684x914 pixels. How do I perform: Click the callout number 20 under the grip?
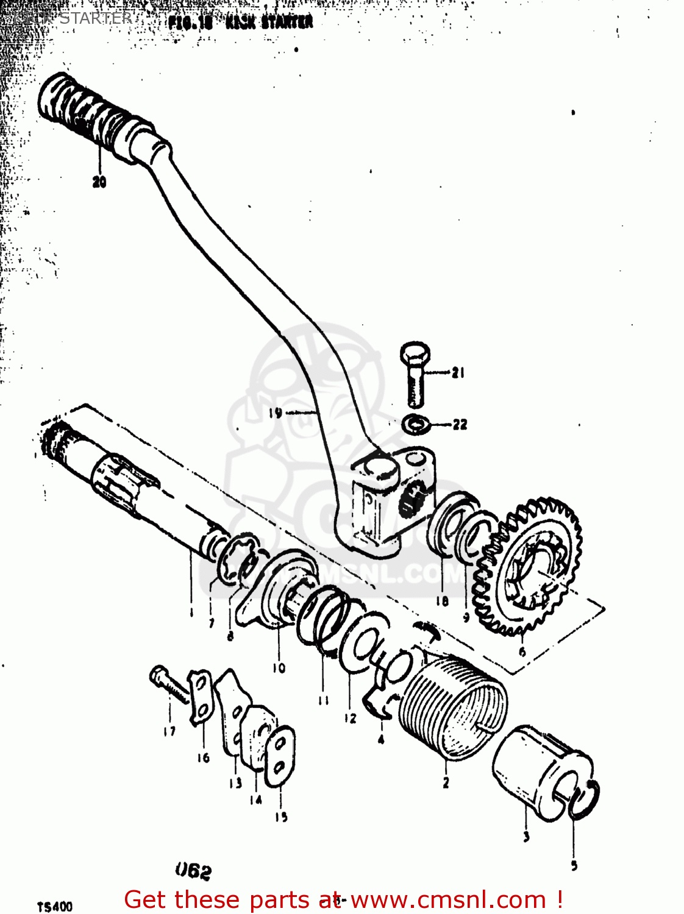tap(99, 181)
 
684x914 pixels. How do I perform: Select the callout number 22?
tap(460, 425)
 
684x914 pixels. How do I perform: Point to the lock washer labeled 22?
tap(416, 423)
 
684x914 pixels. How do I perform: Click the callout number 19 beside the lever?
tap(276, 413)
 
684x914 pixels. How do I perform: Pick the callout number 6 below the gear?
tap(522, 652)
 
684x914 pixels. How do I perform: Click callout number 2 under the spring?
tap(446, 782)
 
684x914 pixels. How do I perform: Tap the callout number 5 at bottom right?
tap(574, 865)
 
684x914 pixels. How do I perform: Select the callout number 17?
tap(169, 731)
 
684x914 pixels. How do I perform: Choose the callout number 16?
tap(203, 757)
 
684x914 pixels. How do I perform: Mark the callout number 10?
tap(279, 668)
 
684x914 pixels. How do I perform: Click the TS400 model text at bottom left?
tap(55, 907)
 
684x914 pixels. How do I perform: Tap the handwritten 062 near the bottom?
tap(193, 871)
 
